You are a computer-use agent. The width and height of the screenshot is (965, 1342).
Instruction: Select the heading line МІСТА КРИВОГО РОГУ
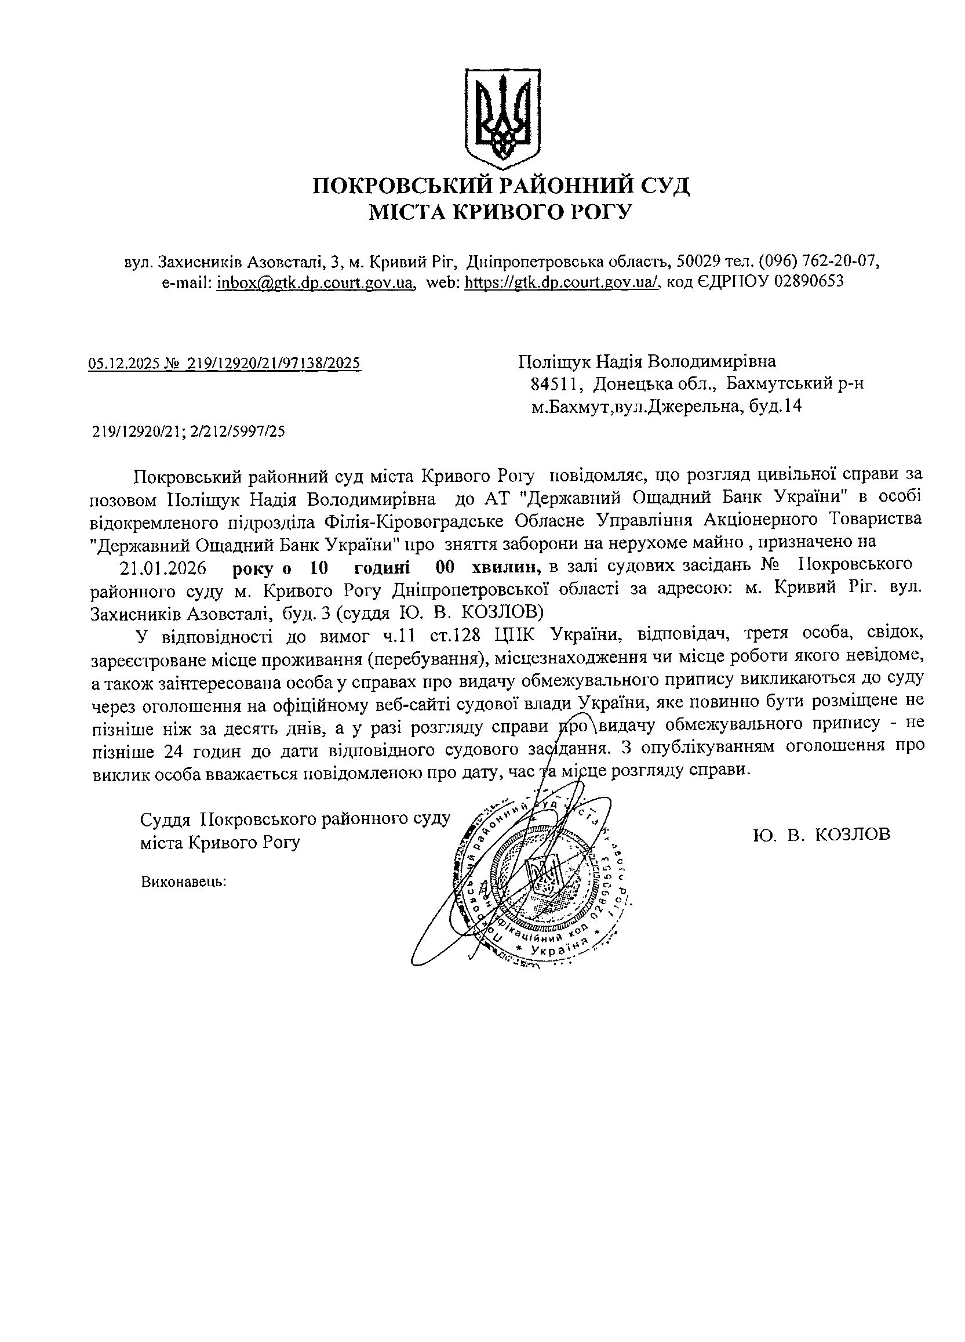(x=501, y=212)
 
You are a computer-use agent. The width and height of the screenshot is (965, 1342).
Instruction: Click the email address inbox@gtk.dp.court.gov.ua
(x=315, y=282)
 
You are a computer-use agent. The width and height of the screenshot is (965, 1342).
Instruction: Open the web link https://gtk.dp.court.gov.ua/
(x=562, y=282)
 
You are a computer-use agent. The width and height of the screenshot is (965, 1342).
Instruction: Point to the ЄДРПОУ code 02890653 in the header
(x=809, y=282)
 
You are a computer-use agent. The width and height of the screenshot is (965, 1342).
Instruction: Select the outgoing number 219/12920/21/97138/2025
(x=274, y=363)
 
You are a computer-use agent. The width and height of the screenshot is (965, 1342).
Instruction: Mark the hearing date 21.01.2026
(x=163, y=568)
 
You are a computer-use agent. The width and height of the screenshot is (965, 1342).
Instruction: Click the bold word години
(x=382, y=568)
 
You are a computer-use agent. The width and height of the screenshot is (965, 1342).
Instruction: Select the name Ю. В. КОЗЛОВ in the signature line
(x=822, y=835)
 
